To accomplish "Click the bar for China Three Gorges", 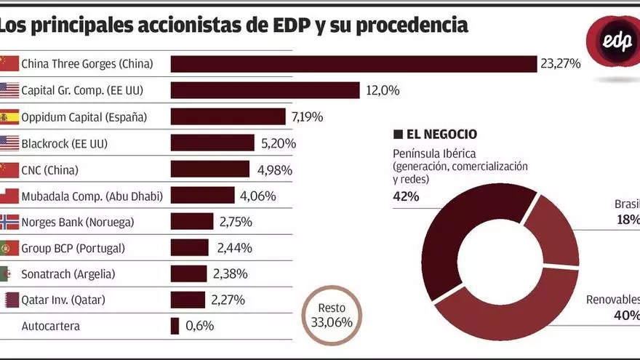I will click(x=353, y=64).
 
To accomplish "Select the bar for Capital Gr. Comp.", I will click(x=265, y=90).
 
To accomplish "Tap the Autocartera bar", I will click(x=175, y=326).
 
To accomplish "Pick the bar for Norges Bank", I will click(x=192, y=222).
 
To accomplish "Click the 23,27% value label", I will click(x=560, y=64).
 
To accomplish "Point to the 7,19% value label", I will click(x=307, y=117).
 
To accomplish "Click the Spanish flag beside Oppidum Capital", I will click(x=9, y=117).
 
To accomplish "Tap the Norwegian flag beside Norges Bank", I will click(x=9, y=222).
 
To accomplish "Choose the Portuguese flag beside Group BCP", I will click(x=9, y=248).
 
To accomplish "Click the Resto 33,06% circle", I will click(x=332, y=316).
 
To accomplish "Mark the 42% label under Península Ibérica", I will click(x=407, y=196).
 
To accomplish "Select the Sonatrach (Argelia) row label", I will click(x=68, y=274).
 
